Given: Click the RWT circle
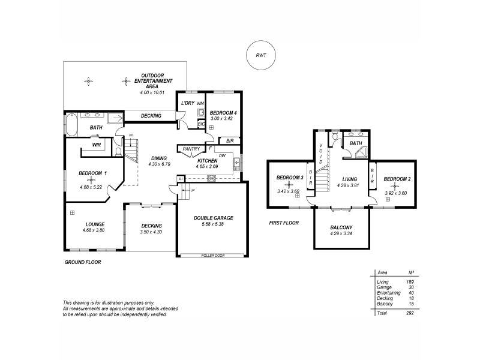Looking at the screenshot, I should click(x=260, y=55).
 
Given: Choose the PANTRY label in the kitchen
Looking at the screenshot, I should click(x=191, y=148).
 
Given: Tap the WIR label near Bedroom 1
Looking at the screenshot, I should click(x=96, y=145).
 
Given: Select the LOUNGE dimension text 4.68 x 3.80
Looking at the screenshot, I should click(x=94, y=230).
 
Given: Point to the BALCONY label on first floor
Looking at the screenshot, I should click(x=341, y=227).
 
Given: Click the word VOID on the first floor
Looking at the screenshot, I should click(x=321, y=154).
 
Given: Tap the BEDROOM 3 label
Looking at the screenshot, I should click(x=289, y=178).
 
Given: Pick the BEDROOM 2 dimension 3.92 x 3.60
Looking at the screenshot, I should click(x=395, y=193).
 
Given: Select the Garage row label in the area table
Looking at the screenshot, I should click(x=383, y=287).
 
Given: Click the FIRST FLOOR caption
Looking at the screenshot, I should click(x=284, y=223).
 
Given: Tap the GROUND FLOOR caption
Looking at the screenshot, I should click(x=82, y=262).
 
